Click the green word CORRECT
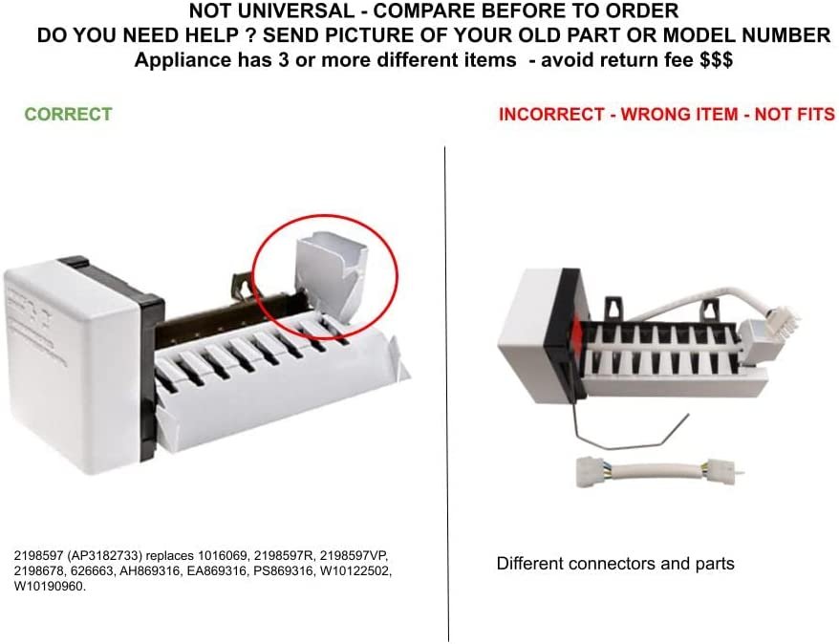69,114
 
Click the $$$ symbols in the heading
717,59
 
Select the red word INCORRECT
551,115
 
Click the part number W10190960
50,587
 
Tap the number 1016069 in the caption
223,555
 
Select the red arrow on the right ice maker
577,332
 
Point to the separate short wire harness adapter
657,470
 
